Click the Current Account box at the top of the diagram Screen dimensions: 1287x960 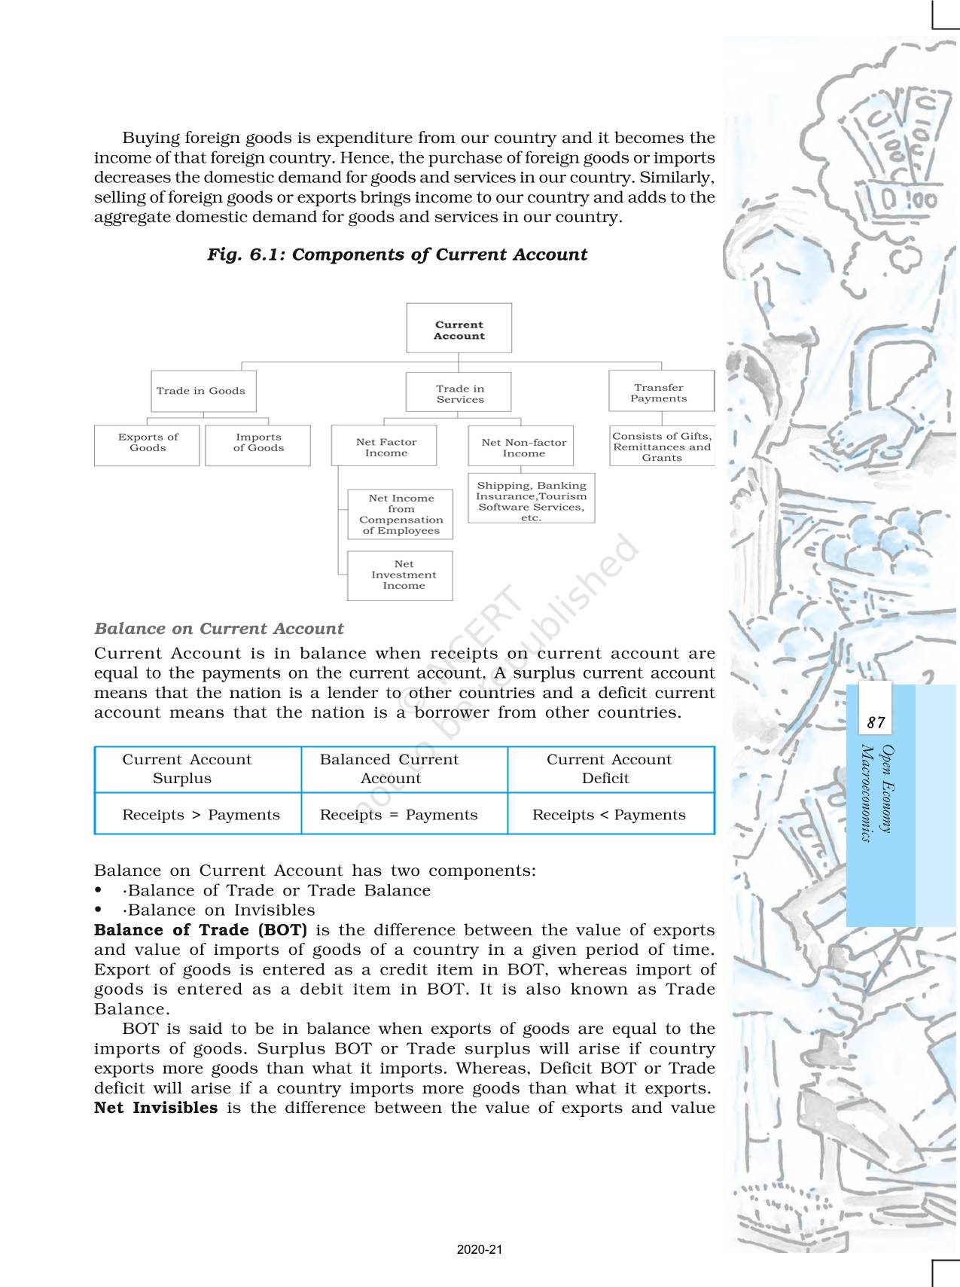pyautogui.click(x=459, y=328)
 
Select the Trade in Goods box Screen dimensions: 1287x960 pyautogui.click(x=203, y=391)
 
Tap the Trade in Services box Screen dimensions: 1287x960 pyautogui.click(x=459, y=393)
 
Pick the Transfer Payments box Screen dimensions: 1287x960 pyautogui.click(x=660, y=392)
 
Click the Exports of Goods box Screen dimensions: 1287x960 pyautogui.click(x=147, y=444)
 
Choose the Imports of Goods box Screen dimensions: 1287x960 pyautogui.click(x=258, y=444)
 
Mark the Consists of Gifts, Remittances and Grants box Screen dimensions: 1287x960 pyautogui.click(x=661, y=446)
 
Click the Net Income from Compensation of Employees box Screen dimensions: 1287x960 pyautogui.click(x=400, y=514)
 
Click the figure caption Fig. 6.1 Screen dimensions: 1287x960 pyautogui.click(x=397, y=255)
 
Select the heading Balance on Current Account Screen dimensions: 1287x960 pyautogui.click(x=218, y=629)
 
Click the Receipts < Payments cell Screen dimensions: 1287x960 pyautogui.click(x=610, y=814)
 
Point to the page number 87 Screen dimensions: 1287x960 pyautogui.click(x=876, y=723)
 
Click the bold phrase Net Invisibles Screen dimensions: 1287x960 pyautogui.click(x=156, y=1108)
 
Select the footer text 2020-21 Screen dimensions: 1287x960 pyautogui.click(x=480, y=1249)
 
